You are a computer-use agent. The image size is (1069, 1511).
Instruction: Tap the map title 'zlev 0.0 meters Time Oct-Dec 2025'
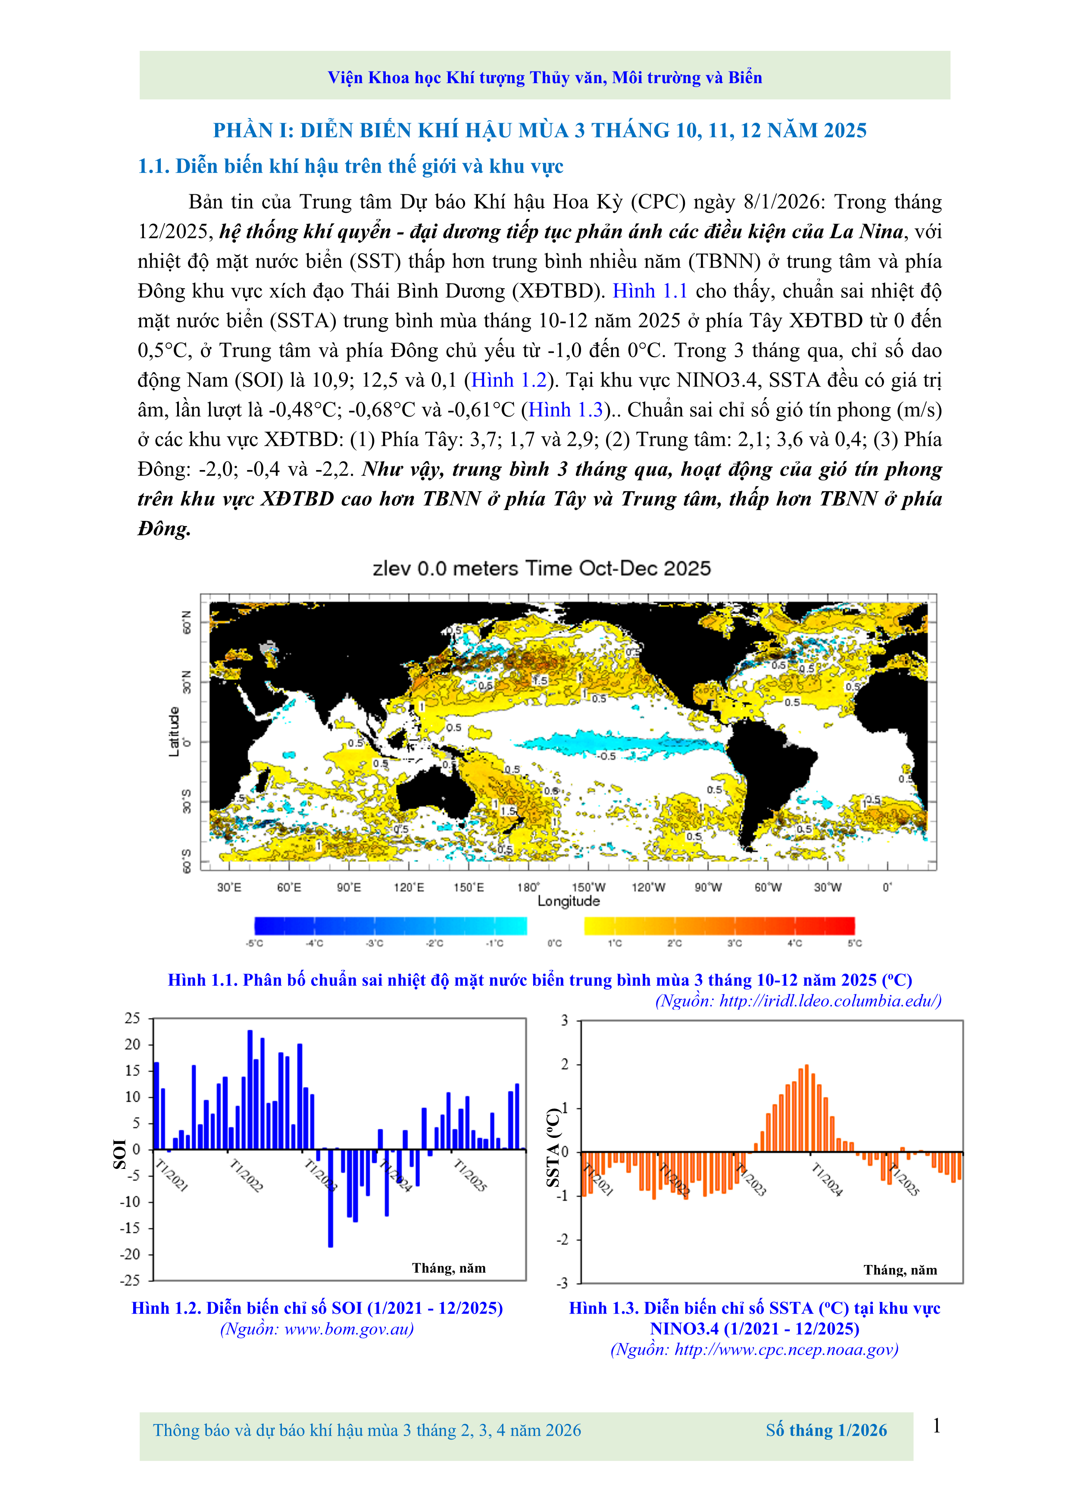pos(542,569)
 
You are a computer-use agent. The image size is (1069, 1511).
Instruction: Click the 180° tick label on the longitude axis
pos(528,887)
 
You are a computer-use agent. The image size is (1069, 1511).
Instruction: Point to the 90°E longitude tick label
pos(349,887)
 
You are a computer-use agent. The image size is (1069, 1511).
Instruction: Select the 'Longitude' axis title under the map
pos(569,901)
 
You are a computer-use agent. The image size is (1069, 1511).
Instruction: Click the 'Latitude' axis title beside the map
pos(174,732)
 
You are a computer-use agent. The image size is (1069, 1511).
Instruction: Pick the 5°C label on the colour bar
pos(854,944)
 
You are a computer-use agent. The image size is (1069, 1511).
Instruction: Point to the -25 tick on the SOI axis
pos(130,1280)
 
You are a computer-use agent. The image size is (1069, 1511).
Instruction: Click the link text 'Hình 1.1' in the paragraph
pos(650,291)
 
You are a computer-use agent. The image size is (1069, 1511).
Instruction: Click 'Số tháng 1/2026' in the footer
pos(826,1430)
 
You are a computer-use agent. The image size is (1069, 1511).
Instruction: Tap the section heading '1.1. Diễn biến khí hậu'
pos(350,166)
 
